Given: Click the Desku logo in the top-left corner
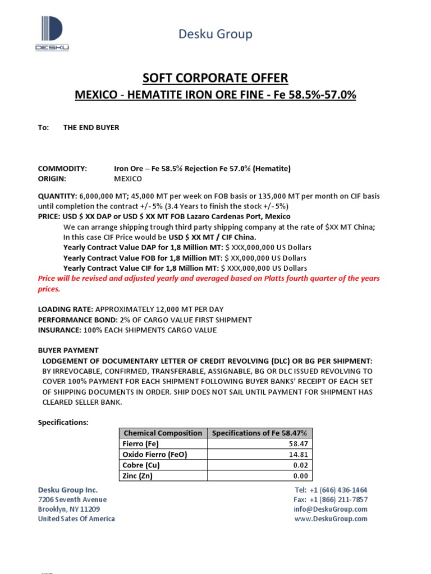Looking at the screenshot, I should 52,34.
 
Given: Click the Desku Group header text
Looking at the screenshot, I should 215,34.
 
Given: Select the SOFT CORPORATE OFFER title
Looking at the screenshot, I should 215,78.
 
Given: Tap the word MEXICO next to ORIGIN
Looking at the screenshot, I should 128,179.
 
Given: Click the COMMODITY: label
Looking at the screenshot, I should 62,169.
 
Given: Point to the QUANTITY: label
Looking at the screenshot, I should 58,196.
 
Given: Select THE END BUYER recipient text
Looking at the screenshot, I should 91,128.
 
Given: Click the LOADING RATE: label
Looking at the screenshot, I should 66,309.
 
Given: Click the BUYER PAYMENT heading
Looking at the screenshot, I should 68,350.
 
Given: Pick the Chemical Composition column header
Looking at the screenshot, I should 163,433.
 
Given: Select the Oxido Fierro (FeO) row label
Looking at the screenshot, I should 154,455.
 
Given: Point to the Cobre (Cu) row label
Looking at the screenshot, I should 140,465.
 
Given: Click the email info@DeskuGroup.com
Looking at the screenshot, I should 331,509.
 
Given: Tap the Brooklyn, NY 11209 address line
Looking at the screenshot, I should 69,509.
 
